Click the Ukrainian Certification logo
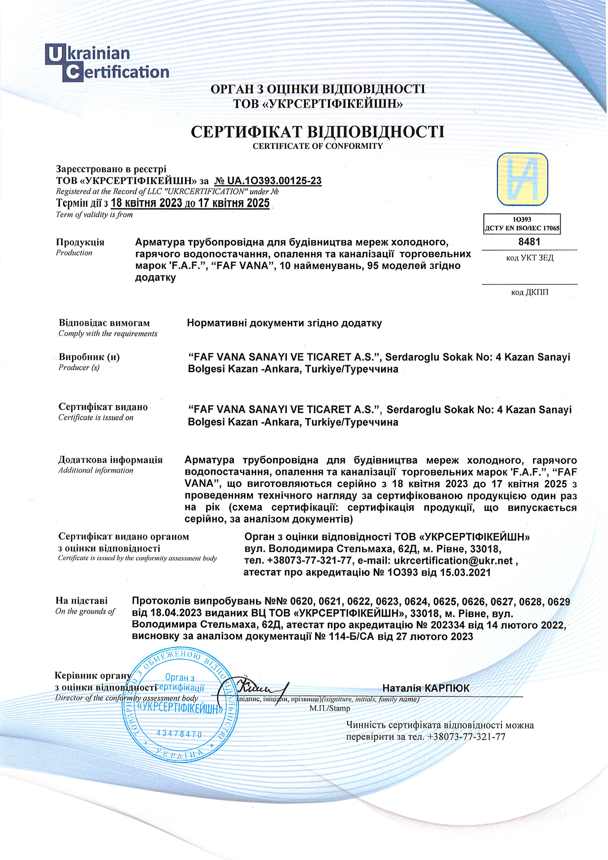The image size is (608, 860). click(107, 63)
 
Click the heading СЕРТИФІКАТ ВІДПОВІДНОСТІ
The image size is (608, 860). click(318, 132)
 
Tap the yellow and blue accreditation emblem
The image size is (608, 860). click(522, 179)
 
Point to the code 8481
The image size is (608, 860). click(529, 241)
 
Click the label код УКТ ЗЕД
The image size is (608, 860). click(530, 258)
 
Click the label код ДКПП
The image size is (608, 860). click(530, 292)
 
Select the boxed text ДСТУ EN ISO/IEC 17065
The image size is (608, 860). click(522, 228)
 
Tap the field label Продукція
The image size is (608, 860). click(80, 242)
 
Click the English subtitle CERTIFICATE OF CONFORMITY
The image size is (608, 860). click(318, 146)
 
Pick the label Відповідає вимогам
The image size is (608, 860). click(104, 323)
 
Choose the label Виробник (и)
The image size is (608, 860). click(89, 357)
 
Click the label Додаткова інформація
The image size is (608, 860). click(110, 460)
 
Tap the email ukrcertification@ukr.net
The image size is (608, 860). click(453, 560)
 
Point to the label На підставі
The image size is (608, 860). click(81, 601)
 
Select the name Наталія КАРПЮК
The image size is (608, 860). click(426, 688)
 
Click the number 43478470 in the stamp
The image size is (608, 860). click(179, 734)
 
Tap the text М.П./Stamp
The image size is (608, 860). click(329, 708)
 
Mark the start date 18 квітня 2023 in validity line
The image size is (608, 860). click(146, 203)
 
